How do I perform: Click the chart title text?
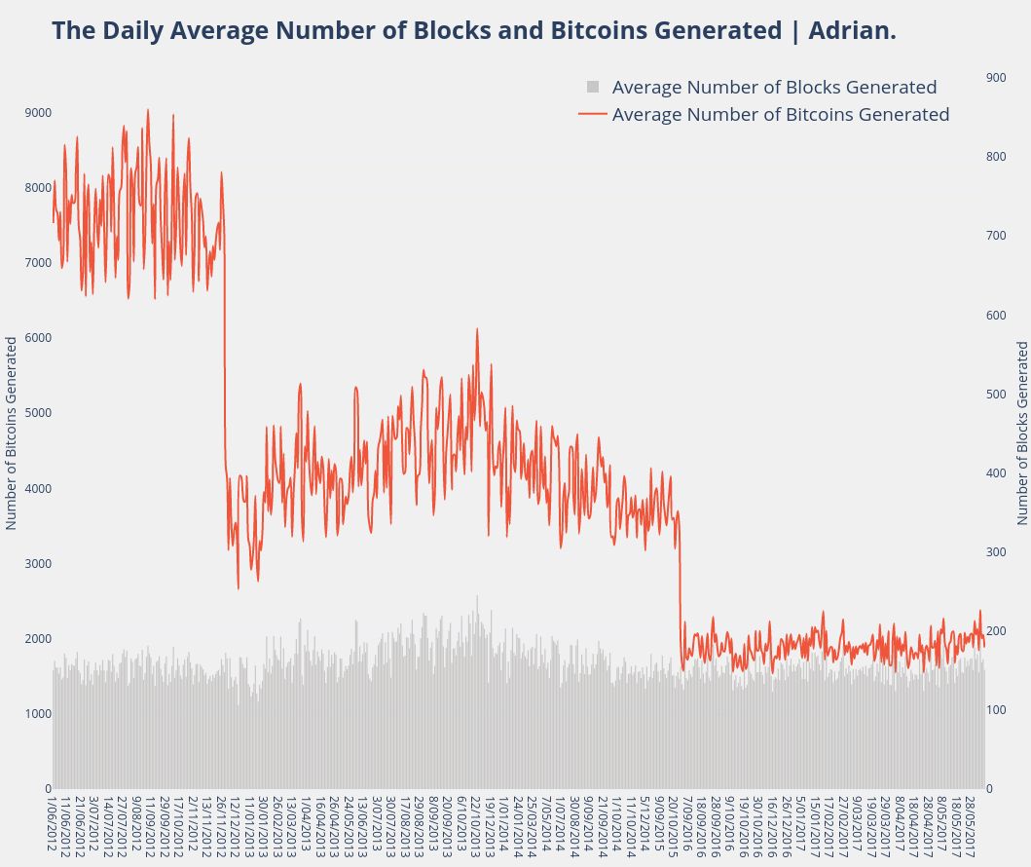tap(473, 30)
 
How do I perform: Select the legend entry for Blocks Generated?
tap(774, 87)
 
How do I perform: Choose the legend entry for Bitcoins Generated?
tap(780, 114)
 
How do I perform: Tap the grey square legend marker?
tap(593, 87)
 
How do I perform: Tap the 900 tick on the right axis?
tap(996, 77)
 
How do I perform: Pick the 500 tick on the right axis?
tap(996, 394)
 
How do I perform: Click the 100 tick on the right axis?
tap(996, 710)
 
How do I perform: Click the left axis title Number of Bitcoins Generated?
tap(12, 433)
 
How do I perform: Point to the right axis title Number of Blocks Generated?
tap(1022, 433)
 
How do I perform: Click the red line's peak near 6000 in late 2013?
tap(477, 329)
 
